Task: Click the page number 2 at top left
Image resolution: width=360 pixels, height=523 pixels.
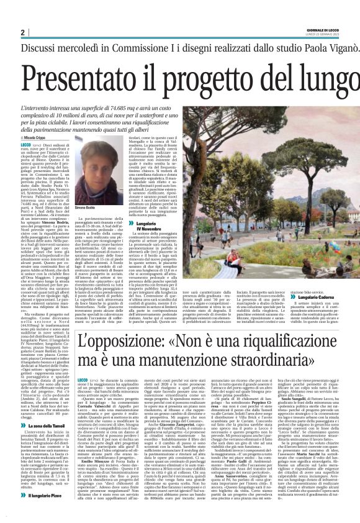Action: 22,32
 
